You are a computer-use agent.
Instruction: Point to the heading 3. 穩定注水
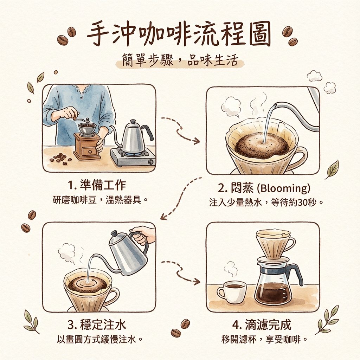98,324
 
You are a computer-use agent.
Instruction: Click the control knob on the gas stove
151,162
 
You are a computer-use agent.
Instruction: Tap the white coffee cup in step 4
232,291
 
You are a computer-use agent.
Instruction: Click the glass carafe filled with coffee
274,288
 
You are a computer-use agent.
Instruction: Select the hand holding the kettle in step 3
143,234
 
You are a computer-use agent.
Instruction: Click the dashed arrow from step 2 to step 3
179,199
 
